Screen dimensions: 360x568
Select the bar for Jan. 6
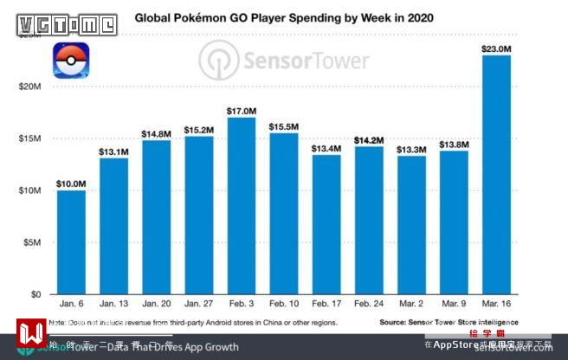(71, 242)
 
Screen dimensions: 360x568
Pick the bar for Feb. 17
(326, 224)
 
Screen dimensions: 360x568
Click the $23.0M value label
(496, 48)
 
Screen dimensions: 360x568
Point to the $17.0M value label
(242, 111)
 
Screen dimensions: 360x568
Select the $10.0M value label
(71, 183)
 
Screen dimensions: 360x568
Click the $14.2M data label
(369, 140)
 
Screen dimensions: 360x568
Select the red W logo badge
(32, 333)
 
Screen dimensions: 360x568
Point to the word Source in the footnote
(396, 322)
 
